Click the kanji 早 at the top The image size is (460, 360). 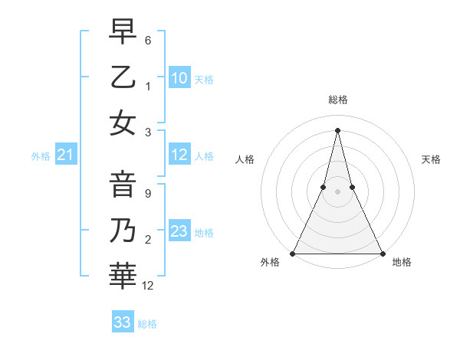(x=122, y=32)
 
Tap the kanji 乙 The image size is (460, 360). (x=122, y=77)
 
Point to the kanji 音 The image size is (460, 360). (x=122, y=185)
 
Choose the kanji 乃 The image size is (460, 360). (x=122, y=229)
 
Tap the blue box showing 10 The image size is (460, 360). (x=179, y=77)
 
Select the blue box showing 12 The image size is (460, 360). (x=179, y=155)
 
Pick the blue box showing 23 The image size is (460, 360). (x=179, y=231)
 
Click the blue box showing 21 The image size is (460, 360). (x=66, y=155)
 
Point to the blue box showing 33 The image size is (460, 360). (x=123, y=322)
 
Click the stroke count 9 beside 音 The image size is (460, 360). (x=147, y=195)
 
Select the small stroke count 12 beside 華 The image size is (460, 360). (x=149, y=285)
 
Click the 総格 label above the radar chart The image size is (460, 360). (x=338, y=100)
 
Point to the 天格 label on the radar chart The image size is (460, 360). (x=431, y=159)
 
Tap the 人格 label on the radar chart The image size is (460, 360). (x=245, y=159)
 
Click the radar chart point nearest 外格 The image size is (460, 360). (x=294, y=253)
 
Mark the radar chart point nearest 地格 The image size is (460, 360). (x=381, y=253)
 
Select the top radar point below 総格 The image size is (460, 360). (x=337, y=130)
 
